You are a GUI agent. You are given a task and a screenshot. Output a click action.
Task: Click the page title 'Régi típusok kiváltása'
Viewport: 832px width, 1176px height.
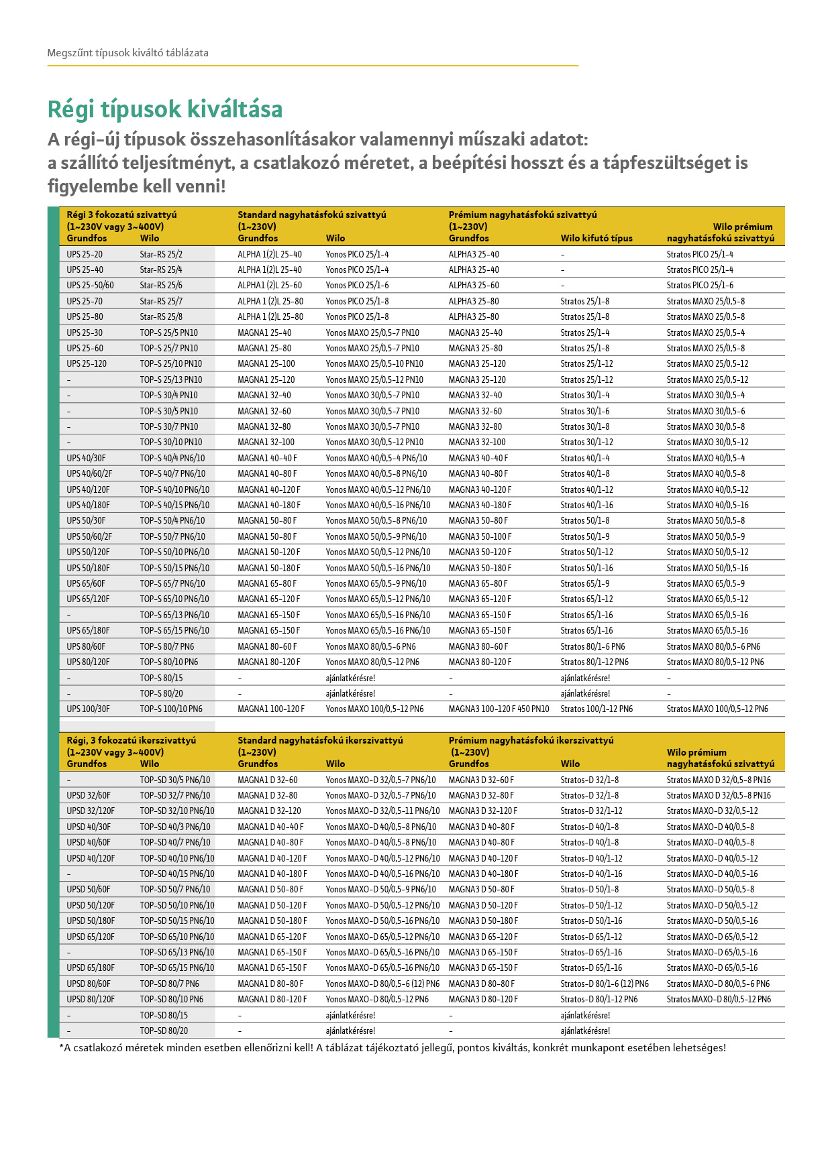coord(165,109)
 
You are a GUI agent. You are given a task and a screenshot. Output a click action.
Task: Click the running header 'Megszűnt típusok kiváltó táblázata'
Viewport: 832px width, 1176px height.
coord(127,53)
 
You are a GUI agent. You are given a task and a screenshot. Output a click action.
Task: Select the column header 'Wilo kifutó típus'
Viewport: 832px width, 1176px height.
coord(596,238)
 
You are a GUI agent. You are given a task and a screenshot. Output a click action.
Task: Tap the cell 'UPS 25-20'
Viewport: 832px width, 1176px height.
coord(85,254)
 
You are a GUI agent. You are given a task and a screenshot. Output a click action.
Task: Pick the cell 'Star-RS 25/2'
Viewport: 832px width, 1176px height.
coord(161,254)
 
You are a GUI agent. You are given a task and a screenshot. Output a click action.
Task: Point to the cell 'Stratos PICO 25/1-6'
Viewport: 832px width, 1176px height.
coord(699,285)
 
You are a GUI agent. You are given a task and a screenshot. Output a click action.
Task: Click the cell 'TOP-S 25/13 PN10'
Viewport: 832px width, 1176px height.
coord(170,379)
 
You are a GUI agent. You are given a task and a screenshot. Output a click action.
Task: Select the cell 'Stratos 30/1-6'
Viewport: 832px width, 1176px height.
coord(584,411)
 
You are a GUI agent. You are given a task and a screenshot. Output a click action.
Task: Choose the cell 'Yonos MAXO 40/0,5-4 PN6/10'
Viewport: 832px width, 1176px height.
coord(376,458)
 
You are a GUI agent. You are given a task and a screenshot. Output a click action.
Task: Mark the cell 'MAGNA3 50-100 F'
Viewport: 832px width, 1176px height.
coord(480,536)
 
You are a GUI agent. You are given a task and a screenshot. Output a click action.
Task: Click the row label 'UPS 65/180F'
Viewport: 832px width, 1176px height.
coord(88,630)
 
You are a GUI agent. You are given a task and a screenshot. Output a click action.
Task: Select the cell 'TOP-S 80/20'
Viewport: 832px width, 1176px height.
coord(161,693)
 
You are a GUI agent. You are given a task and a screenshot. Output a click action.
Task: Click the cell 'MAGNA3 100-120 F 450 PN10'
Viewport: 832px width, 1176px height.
coord(499,709)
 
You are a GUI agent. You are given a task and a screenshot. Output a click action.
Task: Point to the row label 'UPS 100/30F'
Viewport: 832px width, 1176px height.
coord(88,709)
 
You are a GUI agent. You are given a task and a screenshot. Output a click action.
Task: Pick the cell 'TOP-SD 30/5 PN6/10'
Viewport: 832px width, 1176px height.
coord(174,780)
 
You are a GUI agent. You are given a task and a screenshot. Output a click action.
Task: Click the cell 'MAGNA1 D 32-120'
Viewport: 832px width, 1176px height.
coord(269,811)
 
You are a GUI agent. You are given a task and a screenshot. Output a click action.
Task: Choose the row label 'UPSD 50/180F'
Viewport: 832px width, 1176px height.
coord(91,921)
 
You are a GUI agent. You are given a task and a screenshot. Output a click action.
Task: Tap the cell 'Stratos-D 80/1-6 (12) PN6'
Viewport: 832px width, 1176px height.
coord(604,984)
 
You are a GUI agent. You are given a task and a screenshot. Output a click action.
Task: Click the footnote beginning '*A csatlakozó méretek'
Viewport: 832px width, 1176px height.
coord(393,1048)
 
